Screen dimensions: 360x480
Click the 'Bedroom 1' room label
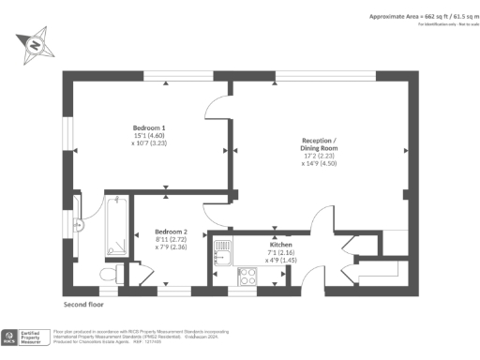tap(149, 127)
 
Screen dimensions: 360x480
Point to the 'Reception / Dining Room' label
tap(322, 144)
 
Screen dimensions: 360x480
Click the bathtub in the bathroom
tap(117, 227)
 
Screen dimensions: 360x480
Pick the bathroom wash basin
tap(79, 224)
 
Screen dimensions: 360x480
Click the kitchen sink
tap(223, 250)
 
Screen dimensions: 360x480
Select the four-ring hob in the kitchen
tap(249, 276)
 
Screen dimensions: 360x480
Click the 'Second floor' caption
tap(83, 305)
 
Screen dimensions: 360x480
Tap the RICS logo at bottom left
tap(10, 335)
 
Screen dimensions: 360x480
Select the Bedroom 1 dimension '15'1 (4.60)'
tap(149, 136)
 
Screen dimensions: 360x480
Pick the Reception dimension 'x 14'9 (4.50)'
tap(322, 162)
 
